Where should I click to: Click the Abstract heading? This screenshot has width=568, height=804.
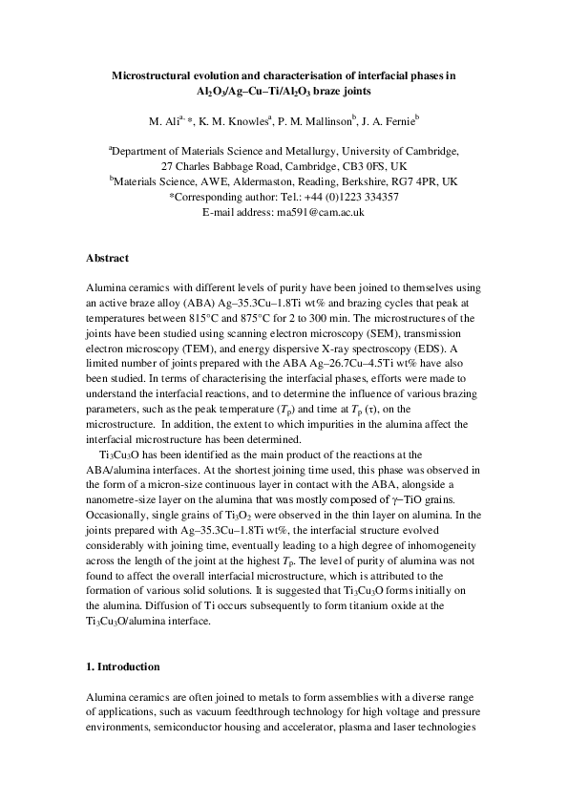(x=109, y=258)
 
